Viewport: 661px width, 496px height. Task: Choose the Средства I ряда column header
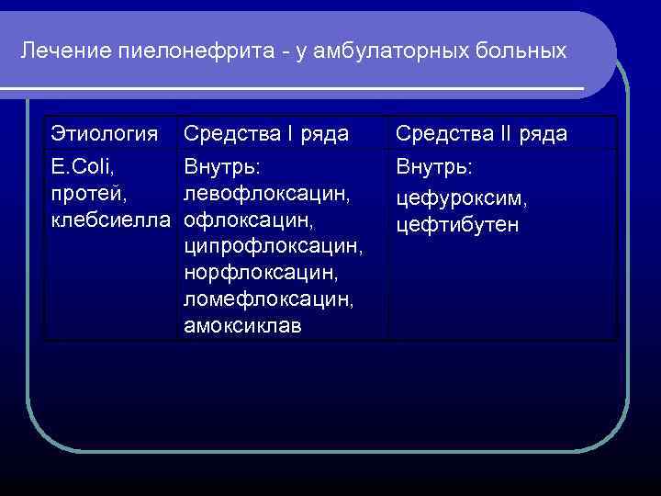pyautogui.click(x=266, y=134)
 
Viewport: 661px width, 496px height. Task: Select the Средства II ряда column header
pyautogui.click(x=481, y=134)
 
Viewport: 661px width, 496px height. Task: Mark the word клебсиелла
pyautogui.click(x=111, y=220)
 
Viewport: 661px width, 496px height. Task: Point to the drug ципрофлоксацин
pyautogui.click(x=274, y=247)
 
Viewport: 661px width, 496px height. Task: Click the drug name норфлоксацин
pyautogui.click(x=262, y=274)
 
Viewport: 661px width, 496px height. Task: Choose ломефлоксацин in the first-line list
pyautogui.click(x=268, y=299)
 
